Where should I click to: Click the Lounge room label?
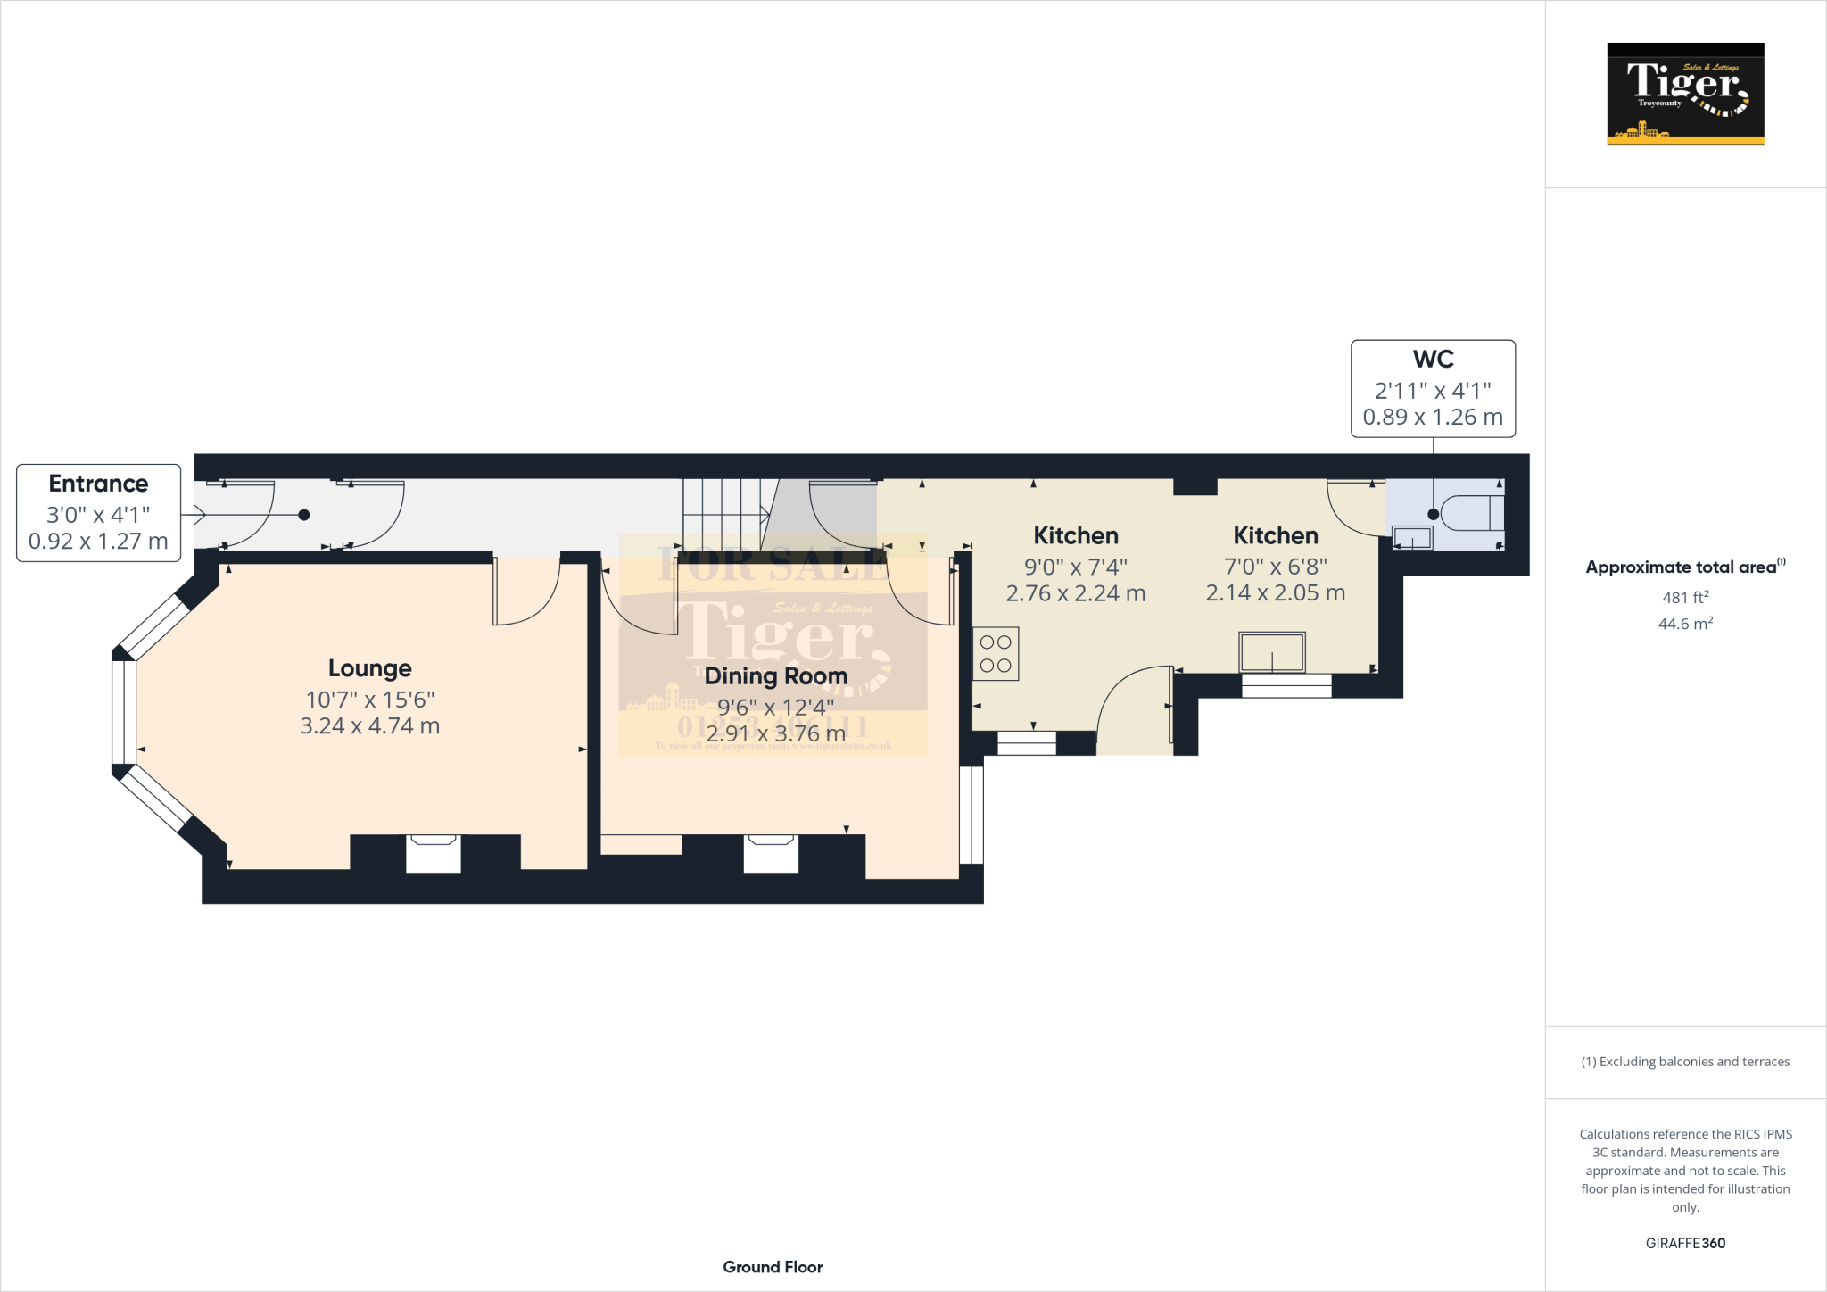369,668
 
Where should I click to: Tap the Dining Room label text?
775,676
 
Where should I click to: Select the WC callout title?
1433,360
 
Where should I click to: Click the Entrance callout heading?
98,484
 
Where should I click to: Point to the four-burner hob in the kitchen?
996,654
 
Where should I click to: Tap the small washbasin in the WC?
1412,538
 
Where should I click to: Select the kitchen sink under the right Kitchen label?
1272,652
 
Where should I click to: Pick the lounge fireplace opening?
434,853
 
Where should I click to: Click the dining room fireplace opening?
771,853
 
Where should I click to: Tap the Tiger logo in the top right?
1685,94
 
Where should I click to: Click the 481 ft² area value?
1685,598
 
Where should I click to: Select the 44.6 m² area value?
1685,624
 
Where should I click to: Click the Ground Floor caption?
773,1267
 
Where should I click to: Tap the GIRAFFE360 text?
1685,1243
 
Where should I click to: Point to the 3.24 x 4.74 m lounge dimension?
369,726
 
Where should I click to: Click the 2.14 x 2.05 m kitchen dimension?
1275,593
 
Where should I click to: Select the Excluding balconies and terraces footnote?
1685,1062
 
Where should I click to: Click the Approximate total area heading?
1682,567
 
